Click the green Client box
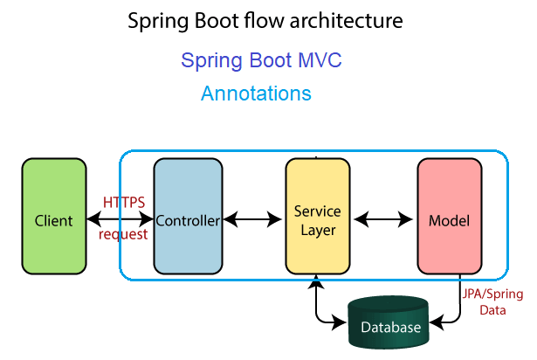(54, 216)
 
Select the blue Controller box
(188, 216)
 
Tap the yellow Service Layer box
(318, 216)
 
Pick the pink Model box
(450, 216)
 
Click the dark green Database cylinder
(389, 322)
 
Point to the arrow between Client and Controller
(120, 218)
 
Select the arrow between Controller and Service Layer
(252, 218)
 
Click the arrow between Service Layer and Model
(383, 218)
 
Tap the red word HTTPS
(124, 203)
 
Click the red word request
(123, 234)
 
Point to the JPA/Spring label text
(492, 294)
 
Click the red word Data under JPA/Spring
(492, 310)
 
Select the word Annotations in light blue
(256, 93)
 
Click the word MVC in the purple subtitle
(320, 60)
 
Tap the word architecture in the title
(347, 21)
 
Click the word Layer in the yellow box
(318, 231)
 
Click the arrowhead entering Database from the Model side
(437, 322)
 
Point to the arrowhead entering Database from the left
(339, 322)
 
